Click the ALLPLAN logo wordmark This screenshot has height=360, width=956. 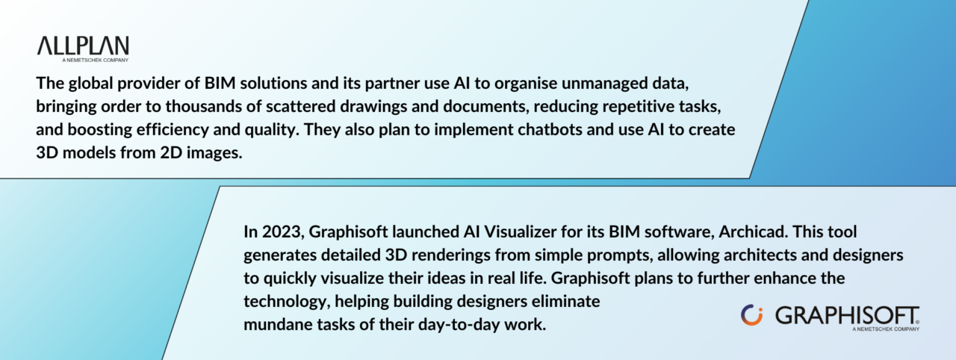(83, 46)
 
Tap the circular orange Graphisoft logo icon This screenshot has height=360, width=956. (752, 315)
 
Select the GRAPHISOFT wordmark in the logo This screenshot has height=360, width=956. (847, 316)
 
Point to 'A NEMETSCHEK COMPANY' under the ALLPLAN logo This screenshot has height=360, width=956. (95, 60)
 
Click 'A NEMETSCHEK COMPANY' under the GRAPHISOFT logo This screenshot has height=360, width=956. (886, 329)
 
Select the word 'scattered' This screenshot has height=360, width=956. (300, 106)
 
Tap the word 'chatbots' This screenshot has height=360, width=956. (550, 129)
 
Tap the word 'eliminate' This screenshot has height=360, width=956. (565, 302)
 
